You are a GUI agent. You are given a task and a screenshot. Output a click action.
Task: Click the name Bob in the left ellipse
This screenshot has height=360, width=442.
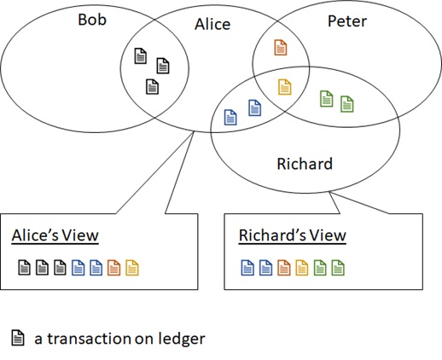92,20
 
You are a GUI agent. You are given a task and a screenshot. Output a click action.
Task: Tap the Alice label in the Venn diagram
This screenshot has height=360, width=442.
212,24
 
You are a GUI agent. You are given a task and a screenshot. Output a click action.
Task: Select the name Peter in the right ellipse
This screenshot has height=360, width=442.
347,21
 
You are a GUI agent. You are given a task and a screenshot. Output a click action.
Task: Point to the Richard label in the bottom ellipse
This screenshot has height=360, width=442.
305,164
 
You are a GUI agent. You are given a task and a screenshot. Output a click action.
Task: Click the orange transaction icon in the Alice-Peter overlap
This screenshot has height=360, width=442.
281,47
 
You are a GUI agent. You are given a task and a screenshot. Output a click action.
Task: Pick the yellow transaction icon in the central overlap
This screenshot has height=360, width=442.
284,87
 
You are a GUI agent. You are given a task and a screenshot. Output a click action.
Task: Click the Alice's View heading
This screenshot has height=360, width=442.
55,235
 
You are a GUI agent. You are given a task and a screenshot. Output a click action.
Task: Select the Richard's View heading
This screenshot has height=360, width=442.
293,235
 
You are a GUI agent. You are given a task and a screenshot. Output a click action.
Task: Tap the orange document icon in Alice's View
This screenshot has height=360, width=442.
113,268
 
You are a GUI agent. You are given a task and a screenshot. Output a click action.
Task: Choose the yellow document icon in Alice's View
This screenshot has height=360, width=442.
132,268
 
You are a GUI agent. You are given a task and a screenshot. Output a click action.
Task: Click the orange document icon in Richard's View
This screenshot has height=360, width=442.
284,268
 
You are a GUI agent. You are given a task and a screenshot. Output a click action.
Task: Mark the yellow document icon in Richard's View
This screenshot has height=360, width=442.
302,268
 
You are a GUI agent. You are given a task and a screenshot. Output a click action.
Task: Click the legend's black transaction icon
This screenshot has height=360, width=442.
18,338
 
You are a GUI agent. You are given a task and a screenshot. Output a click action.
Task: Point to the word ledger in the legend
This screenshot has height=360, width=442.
182,339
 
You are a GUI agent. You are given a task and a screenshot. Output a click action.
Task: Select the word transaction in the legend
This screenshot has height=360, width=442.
89,339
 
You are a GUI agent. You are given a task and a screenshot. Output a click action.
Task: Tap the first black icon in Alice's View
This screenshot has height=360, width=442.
24,268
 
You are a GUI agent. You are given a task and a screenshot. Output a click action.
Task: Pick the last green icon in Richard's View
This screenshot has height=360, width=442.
338,268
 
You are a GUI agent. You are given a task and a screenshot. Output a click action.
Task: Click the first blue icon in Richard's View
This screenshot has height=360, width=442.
247,268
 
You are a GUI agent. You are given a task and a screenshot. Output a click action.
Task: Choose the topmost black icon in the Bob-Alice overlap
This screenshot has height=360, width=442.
141,55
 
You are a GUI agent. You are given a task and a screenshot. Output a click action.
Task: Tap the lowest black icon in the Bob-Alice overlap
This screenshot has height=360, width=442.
152,86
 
